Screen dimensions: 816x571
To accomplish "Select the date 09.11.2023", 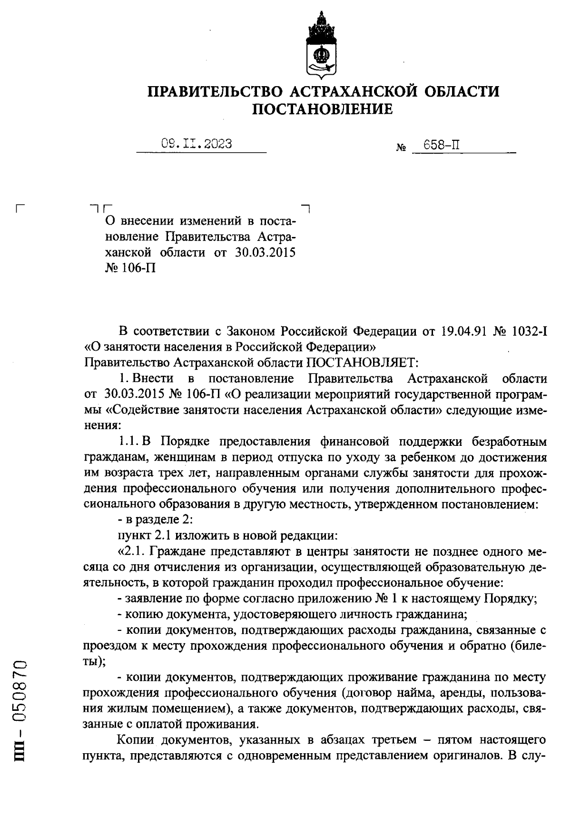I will click(x=197, y=144).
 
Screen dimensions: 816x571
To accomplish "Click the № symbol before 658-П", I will click(x=400, y=148).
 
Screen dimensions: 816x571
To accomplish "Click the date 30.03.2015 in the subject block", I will click(x=266, y=252).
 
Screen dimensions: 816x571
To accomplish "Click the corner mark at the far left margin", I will click(x=20, y=208).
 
